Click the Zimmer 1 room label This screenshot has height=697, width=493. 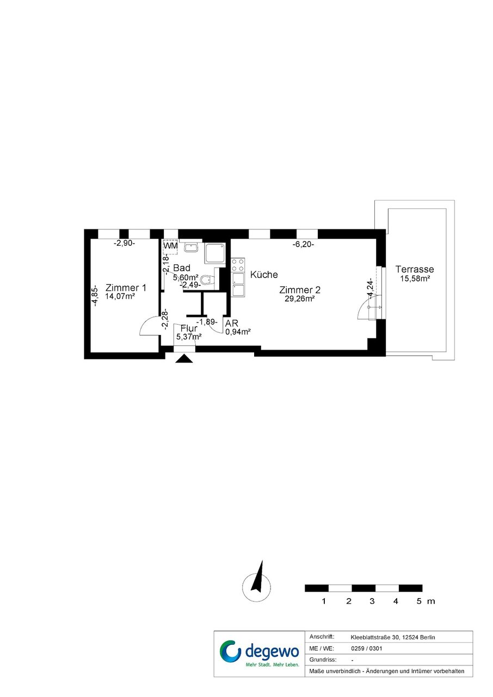click(x=126, y=288)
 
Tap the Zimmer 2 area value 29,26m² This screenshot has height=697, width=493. click(x=299, y=298)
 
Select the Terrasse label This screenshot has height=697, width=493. click(x=415, y=269)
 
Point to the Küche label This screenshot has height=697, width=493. click(x=264, y=275)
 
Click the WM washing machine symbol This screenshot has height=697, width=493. click(x=170, y=246)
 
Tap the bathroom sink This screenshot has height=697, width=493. click(x=192, y=247)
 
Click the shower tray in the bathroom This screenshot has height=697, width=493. click(x=214, y=253)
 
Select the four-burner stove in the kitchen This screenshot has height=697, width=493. click(x=238, y=265)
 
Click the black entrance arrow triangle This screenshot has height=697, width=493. click(x=184, y=359)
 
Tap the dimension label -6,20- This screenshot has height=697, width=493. click(x=303, y=245)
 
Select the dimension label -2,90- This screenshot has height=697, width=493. click(x=124, y=244)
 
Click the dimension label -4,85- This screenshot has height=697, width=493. click(x=96, y=296)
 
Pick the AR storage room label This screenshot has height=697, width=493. click(x=232, y=323)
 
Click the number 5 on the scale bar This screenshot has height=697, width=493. click(x=419, y=601)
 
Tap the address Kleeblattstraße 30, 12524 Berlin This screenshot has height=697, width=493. click(x=393, y=637)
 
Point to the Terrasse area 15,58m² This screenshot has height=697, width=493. click(x=415, y=278)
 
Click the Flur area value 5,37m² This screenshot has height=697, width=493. click(x=189, y=337)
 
